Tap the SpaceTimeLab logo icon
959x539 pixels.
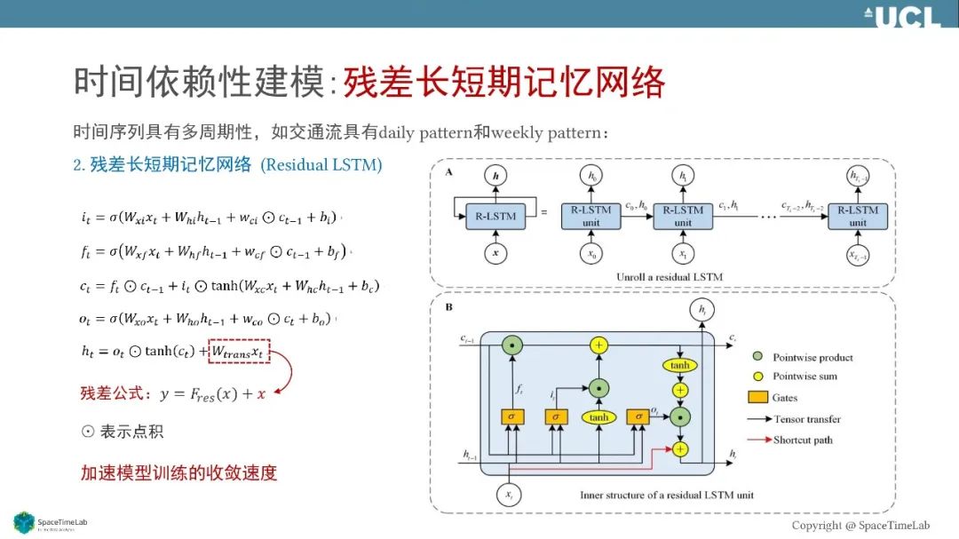[x=23, y=522]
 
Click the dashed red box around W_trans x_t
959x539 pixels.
[x=239, y=351]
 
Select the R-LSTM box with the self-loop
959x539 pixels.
[x=493, y=215]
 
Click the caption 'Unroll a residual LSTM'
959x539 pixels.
[x=670, y=277]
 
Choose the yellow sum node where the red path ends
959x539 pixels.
[x=680, y=449]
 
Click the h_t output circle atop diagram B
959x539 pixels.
[x=701, y=310]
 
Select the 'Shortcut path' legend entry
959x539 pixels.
[x=803, y=440]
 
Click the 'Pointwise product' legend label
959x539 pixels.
[x=812, y=358]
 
